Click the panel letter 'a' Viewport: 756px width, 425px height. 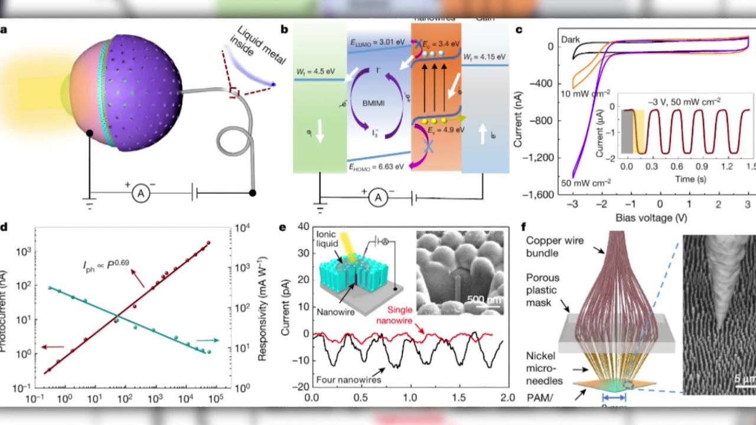(5, 29)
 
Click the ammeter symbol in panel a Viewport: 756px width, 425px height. (141, 192)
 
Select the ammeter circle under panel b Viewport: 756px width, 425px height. (378, 199)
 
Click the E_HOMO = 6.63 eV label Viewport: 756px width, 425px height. (376, 166)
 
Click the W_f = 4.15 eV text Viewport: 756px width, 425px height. (484, 57)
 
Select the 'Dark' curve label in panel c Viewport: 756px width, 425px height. (571, 40)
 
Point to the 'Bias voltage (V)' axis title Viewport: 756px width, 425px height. (644, 218)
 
